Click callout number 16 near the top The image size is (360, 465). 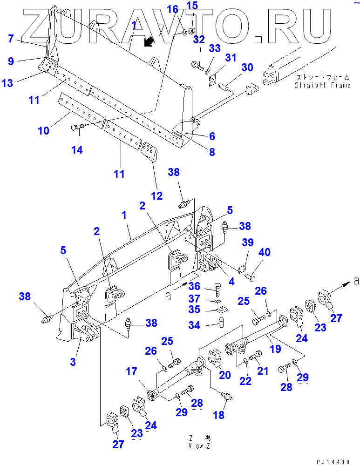click(x=172, y=9)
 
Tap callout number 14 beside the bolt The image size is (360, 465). click(x=77, y=149)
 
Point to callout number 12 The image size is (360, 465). click(x=157, y=195)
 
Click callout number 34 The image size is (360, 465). click(x=202, y=325)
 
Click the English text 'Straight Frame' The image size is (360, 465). click(x=322, y=85)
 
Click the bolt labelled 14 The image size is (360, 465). click(x=78, y=127)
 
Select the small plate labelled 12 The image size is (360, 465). click(x=149, y=150)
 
